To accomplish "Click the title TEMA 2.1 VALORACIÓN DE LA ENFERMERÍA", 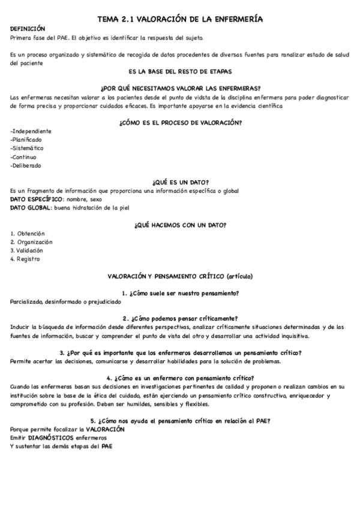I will pos(180,20).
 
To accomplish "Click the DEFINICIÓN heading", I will pos(28,29).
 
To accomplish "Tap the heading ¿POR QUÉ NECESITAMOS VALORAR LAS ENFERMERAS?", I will pos(180,88).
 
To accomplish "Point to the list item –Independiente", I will pos(31,131).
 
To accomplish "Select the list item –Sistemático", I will pos(28,148).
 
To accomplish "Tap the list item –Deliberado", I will pos(26,166).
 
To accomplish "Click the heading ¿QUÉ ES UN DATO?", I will pos(180,182).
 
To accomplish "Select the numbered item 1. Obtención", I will pos(28,233).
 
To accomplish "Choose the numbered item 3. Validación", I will pos(27,250).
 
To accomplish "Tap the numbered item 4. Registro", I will pos(25,259).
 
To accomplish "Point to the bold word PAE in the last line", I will pos(107,446).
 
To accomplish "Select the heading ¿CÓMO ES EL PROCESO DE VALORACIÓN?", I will pos(180,122).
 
